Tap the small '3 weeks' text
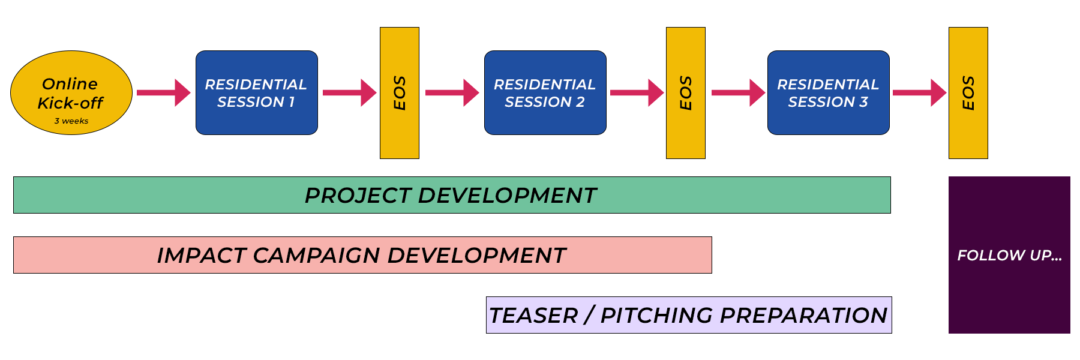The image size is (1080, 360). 71,121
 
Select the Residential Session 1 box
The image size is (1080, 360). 256,93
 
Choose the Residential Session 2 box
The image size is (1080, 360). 545,93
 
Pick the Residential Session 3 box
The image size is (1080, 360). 828,93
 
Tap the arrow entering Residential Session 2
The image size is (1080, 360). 452,93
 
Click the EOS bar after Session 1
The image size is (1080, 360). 400,93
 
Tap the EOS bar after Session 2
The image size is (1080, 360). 685,93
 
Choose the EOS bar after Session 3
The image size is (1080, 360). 968,93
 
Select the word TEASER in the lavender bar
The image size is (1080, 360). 533,316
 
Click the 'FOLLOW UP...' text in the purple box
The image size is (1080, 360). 1009,256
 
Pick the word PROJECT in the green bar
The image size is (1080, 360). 358,196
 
